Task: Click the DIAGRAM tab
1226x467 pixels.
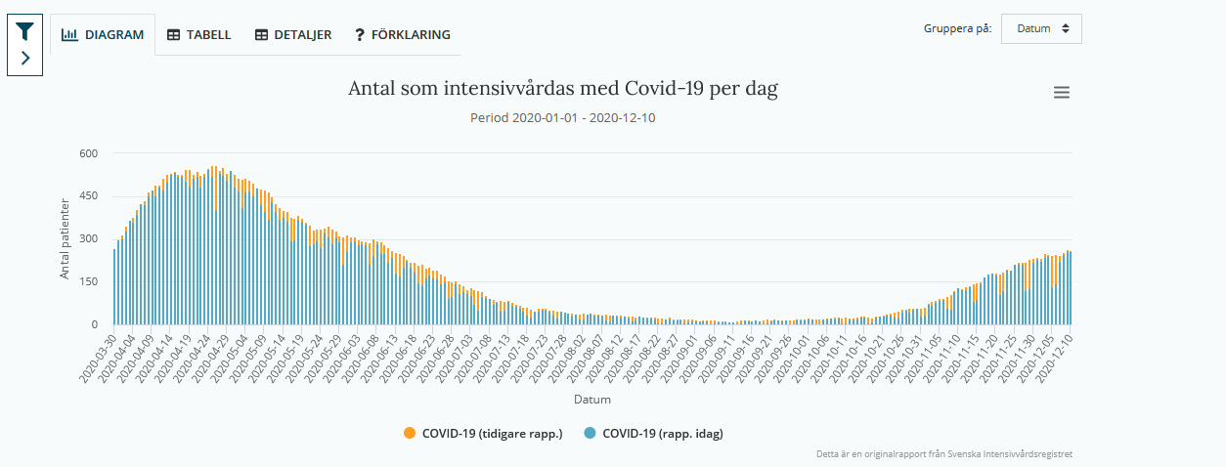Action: click(103, 34)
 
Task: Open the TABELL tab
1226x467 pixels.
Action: click(198, 34)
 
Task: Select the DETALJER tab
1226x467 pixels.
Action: click(293, 34)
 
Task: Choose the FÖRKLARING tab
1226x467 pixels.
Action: click(403, 34)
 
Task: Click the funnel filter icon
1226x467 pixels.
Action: click(24, 31)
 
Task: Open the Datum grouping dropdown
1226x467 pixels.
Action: click(1041, 28)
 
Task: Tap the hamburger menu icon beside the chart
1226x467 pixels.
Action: click(1062, 93)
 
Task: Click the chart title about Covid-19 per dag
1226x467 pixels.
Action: click(563, 89)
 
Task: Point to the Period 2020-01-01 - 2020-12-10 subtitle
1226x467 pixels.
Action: click(563, 118)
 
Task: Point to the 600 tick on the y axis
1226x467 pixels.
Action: click(89, 153)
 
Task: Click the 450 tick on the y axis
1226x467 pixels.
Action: click(89, 196)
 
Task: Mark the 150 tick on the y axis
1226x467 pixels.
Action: click(89, 282)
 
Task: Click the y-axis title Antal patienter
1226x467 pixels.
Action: click(66, 238)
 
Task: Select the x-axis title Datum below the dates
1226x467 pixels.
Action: click(592, 399)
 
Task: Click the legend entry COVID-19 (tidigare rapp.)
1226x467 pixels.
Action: click(483, 433)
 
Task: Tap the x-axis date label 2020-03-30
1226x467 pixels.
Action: click(99, 359)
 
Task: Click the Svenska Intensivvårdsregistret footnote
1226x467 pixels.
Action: click(944, 454)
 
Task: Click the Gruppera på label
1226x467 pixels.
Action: click(957, 28)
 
